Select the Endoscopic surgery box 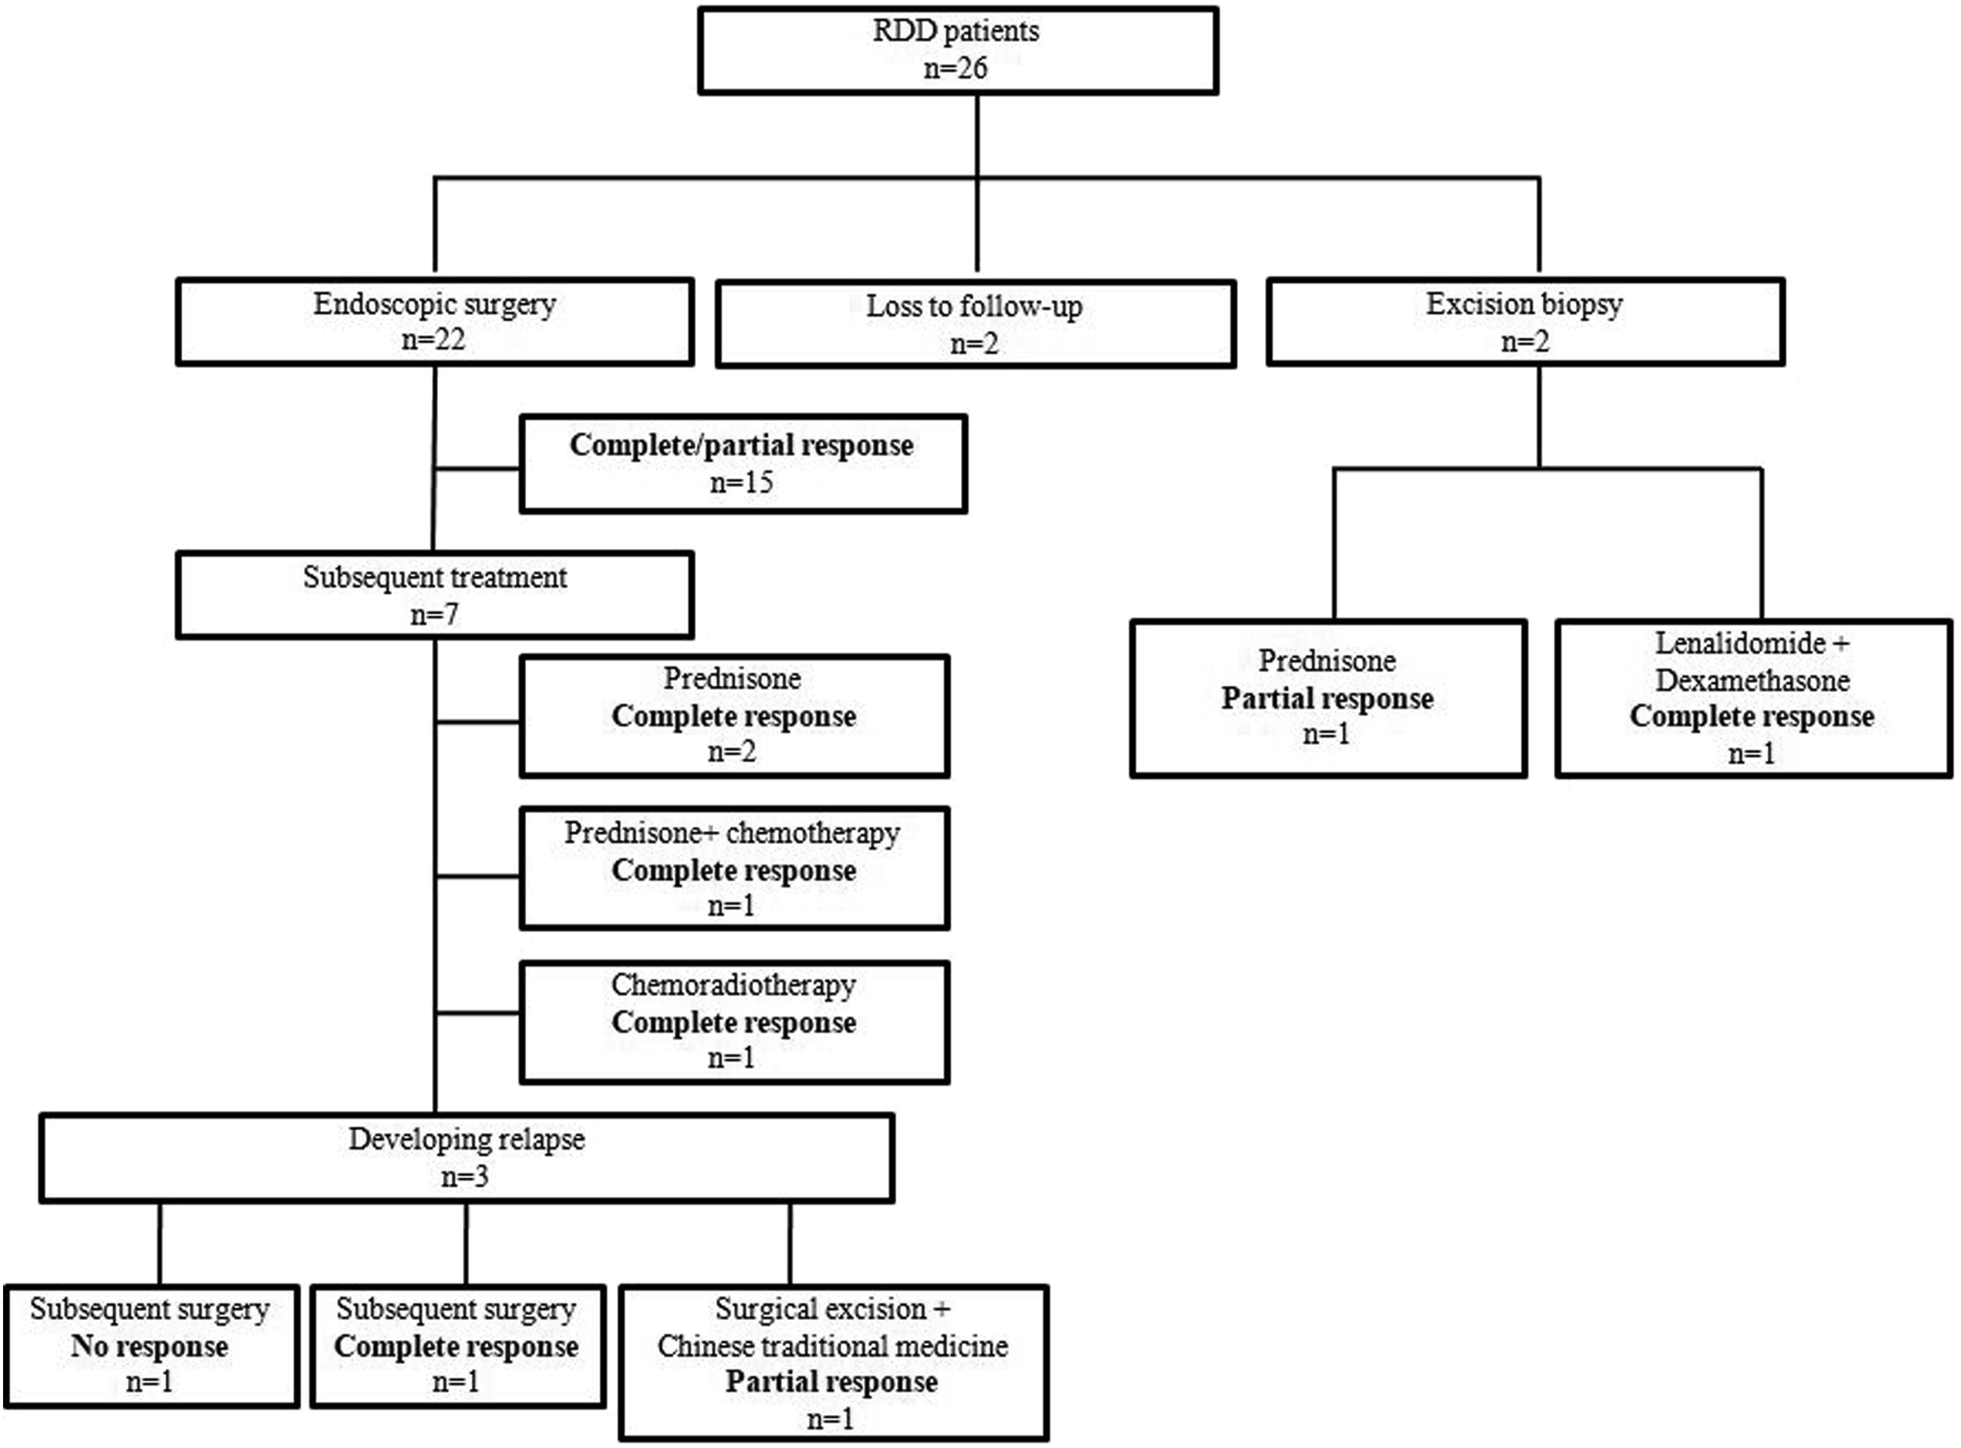[x=435, y=322]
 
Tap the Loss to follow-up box [x=976, y=324]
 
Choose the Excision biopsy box [x=1525, y=322]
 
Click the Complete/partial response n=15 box [x=743, y=463]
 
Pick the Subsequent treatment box [x=435, y=594]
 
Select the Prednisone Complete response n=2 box [x=735, y=716]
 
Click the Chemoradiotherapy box [x=735, y=1022]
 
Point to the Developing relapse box [x=467, y=1157]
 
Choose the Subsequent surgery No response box [x=151, y=1346]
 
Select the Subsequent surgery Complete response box [x=457, y=1346]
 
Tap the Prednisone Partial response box [x=1329, y=699]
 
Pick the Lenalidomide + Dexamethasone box [x=1753, y=699]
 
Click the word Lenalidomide [x=1740, y=643]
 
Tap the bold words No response [x=150, y=1346]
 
